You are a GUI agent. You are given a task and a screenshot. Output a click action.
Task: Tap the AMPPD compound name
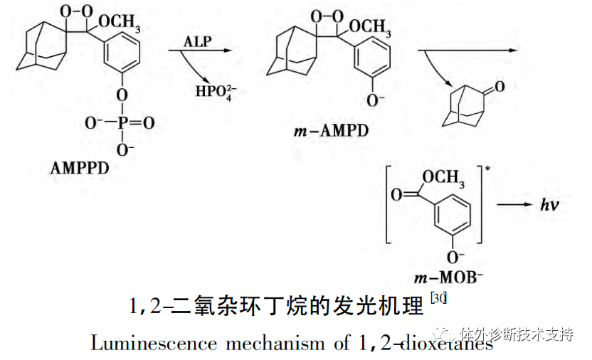80,169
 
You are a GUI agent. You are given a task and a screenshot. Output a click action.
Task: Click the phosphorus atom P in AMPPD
122,124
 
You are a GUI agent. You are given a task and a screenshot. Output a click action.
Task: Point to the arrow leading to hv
514,205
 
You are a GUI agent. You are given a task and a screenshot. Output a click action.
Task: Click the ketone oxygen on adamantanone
499,88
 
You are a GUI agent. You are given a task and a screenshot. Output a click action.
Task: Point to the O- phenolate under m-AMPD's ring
371,100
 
